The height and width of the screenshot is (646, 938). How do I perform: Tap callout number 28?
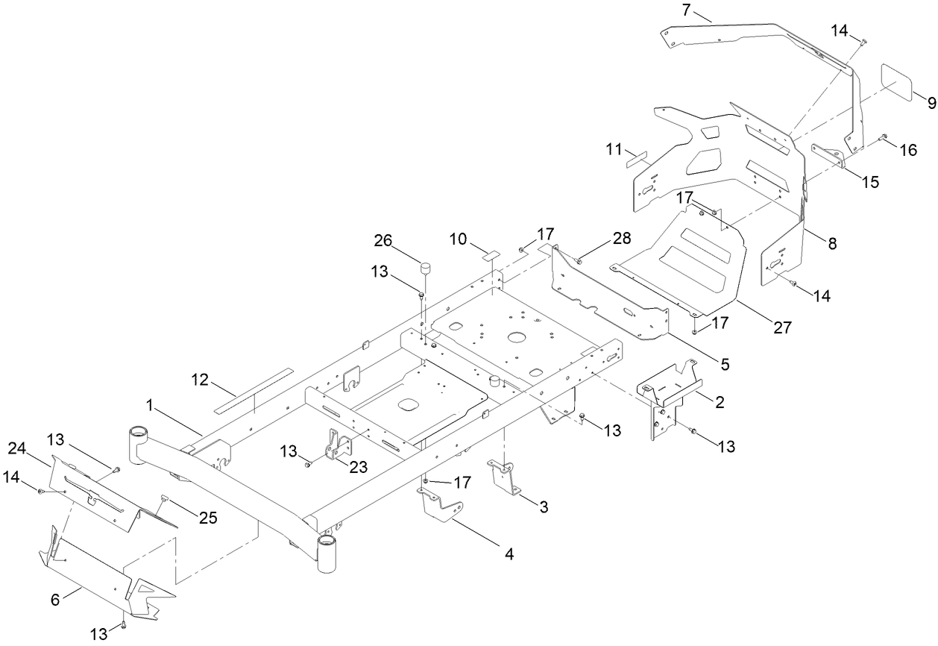tap(620, 238)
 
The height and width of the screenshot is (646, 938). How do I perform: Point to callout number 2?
tap(719, 402)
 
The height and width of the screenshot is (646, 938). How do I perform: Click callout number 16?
tap(907, 150)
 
